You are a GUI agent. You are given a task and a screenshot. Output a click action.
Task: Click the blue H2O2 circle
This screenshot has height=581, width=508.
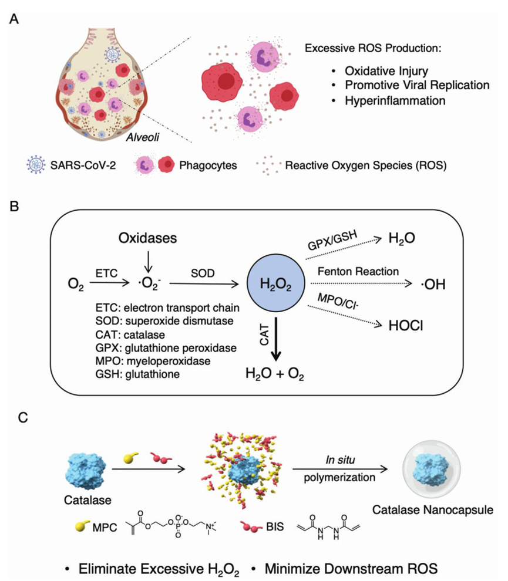276,284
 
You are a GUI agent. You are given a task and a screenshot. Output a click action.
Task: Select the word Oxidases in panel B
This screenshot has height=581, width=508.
147,238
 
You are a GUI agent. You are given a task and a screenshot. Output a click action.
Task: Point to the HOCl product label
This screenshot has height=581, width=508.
406,326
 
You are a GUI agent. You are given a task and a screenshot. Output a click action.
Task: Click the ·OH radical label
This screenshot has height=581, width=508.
433,285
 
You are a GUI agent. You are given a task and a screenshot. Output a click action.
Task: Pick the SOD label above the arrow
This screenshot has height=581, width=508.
203,273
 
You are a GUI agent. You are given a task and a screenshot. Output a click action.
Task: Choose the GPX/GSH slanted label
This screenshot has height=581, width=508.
332,240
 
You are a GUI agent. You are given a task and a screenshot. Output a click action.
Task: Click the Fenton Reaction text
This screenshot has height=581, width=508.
358,272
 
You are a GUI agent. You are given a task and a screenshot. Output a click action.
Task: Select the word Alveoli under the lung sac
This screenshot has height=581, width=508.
142,137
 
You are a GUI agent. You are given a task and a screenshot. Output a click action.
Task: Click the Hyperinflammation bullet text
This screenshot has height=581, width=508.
395,101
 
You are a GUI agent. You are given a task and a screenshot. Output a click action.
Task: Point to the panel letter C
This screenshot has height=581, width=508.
23,418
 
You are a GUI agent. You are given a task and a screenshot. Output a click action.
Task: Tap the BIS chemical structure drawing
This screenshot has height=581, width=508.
329,526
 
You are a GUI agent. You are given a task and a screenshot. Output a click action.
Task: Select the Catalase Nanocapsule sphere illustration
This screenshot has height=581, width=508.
432,469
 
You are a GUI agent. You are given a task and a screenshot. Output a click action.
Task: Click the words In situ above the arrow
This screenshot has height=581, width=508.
340,460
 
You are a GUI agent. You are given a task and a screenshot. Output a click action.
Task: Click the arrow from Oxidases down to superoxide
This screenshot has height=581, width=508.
148,262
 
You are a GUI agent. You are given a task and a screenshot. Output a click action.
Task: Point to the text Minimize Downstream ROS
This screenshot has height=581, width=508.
351,569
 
